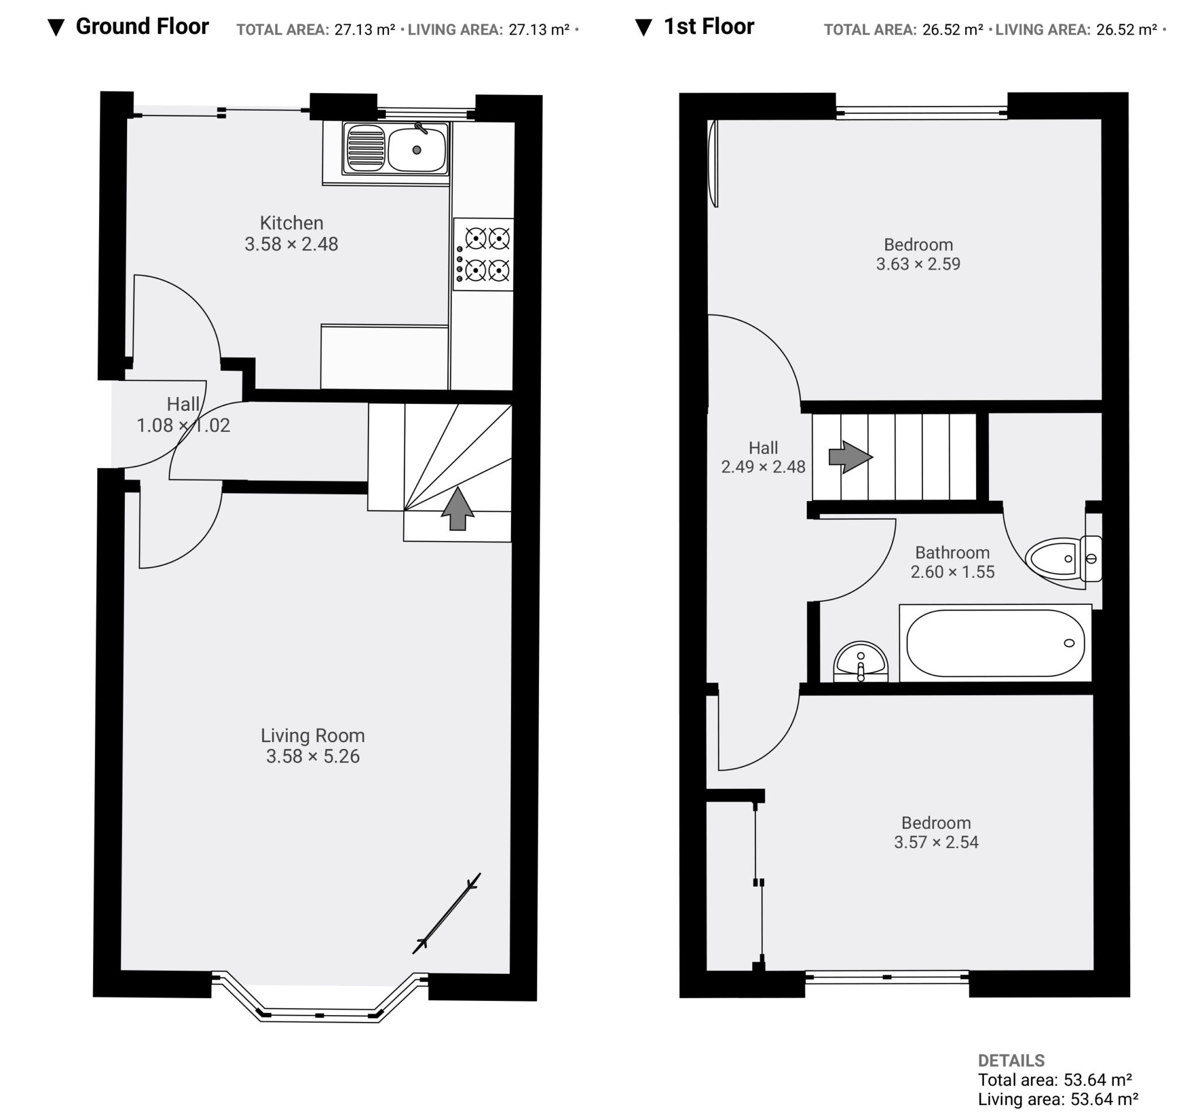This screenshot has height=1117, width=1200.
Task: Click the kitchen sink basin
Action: (x=417, y=149)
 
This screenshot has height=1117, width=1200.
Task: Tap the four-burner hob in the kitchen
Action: (x=483, y=254)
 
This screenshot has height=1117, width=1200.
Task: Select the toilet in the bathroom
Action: (x=1063, y=558)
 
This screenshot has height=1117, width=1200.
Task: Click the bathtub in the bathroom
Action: (x=996, y=643)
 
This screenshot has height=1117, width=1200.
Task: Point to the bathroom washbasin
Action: (x=861, y=662)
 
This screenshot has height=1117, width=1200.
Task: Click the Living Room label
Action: (x=313, y=735)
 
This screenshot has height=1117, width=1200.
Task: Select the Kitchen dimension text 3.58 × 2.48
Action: (x=292, y=244)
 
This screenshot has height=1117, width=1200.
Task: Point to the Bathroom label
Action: (x=953, y=553)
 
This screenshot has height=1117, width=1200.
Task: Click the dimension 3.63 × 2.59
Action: (x=918, y=264)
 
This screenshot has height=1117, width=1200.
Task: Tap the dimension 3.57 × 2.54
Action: (x=936, y=842)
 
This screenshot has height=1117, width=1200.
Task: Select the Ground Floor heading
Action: (x=142, y=26)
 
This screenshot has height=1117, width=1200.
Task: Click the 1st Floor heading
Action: (x=708, y=26)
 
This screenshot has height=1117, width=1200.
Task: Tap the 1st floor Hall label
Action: (x=763, y=448)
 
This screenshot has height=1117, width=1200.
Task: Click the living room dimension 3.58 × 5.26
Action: (x=313, y=757)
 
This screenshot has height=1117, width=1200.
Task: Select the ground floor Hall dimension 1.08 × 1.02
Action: (x=183, y=425)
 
